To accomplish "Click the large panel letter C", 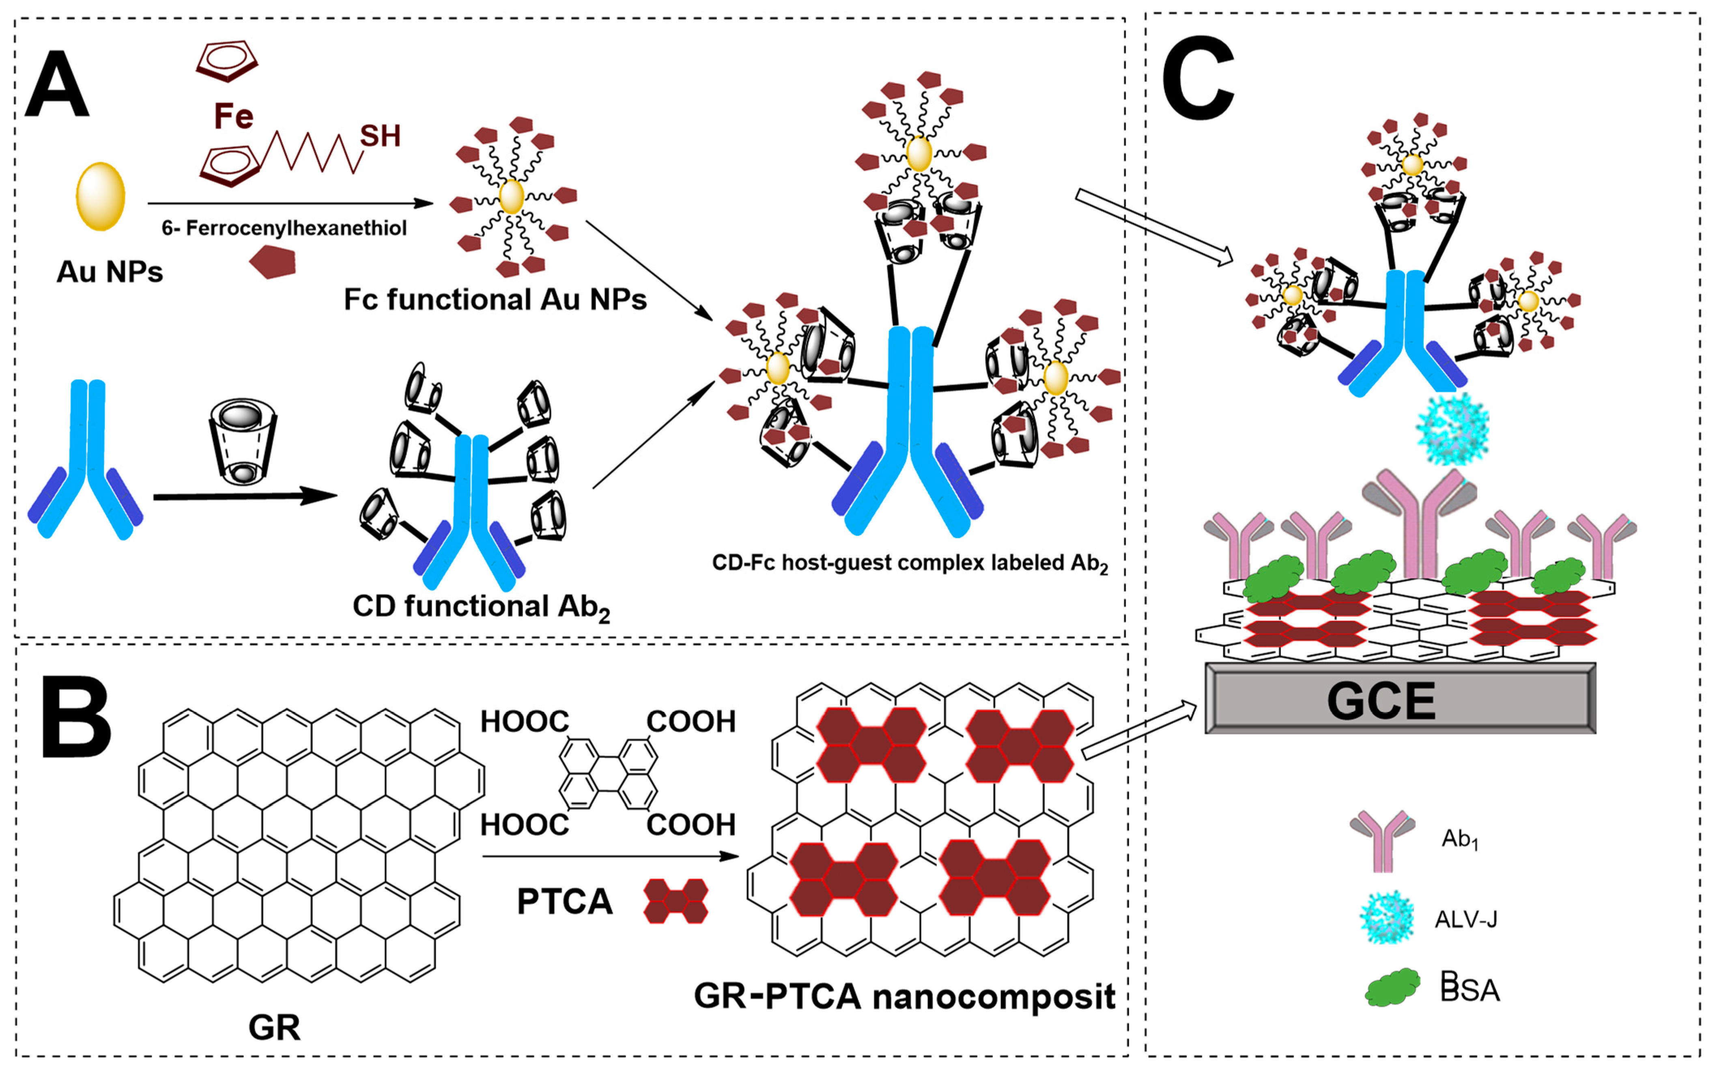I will [1198, 79].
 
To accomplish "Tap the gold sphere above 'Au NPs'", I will [101, 197].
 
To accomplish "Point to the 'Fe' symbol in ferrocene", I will [234, 116].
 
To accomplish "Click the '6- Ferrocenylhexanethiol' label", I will [284, 228].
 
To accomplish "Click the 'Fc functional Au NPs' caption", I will [495, 299].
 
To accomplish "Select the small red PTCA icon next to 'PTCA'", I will [675, 901].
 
